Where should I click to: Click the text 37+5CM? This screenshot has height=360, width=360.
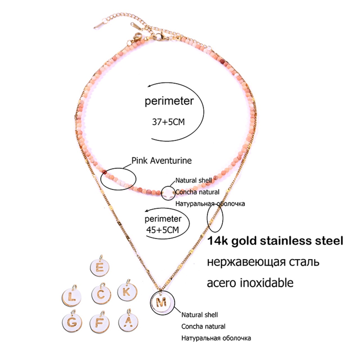(168, 122)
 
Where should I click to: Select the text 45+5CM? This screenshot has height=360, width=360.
(163, 230)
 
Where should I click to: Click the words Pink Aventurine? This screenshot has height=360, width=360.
(161, 161)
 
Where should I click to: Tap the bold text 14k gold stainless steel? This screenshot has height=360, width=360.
(275, 241)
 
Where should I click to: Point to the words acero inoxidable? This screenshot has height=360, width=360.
(250, 283)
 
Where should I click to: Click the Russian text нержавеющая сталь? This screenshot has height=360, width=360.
(263, 262)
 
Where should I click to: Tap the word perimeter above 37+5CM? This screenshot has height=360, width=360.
(169, 101)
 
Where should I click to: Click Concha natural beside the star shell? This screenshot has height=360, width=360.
(197, 192)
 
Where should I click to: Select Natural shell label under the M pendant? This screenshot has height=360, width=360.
(199, 315)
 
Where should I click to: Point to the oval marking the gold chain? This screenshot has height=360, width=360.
(215, 218)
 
